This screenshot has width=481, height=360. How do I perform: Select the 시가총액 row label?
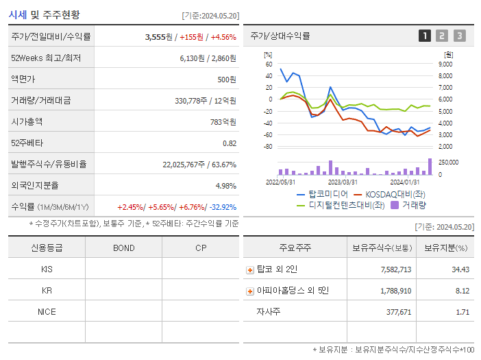(x=27, y=121)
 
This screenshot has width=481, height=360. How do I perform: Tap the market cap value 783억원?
(x=222, y=121)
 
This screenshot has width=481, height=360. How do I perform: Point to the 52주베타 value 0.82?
(x=230, y=143)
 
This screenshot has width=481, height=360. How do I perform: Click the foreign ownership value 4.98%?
(x=225, y=185)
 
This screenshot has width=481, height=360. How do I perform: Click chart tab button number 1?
(x=425, y=36)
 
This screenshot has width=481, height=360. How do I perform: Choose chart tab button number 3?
(x=460, y=36)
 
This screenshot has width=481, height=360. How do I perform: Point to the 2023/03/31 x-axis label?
(x=343, y=182)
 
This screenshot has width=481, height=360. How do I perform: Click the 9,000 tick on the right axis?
(x=445, y=64)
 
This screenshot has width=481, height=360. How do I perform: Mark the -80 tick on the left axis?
(x=268, y=147)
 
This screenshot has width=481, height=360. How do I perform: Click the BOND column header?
(x=123, y=248)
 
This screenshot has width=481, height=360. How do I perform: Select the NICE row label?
(x=47, y=311)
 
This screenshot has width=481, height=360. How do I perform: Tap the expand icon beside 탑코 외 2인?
(x=250, y=269)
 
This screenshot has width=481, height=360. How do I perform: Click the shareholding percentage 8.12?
(x=460, y=291)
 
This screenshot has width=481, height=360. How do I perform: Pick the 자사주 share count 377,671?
(x=395, y=312)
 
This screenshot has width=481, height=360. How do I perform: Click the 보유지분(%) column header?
(x=445, y=248)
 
